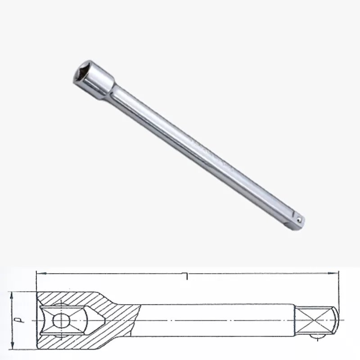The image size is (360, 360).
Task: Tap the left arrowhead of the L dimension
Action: point(39,273)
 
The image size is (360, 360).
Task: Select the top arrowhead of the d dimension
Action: point(13,294)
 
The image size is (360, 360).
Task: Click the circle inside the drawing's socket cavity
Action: point(60,321)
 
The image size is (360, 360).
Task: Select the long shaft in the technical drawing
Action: point(216,321)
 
